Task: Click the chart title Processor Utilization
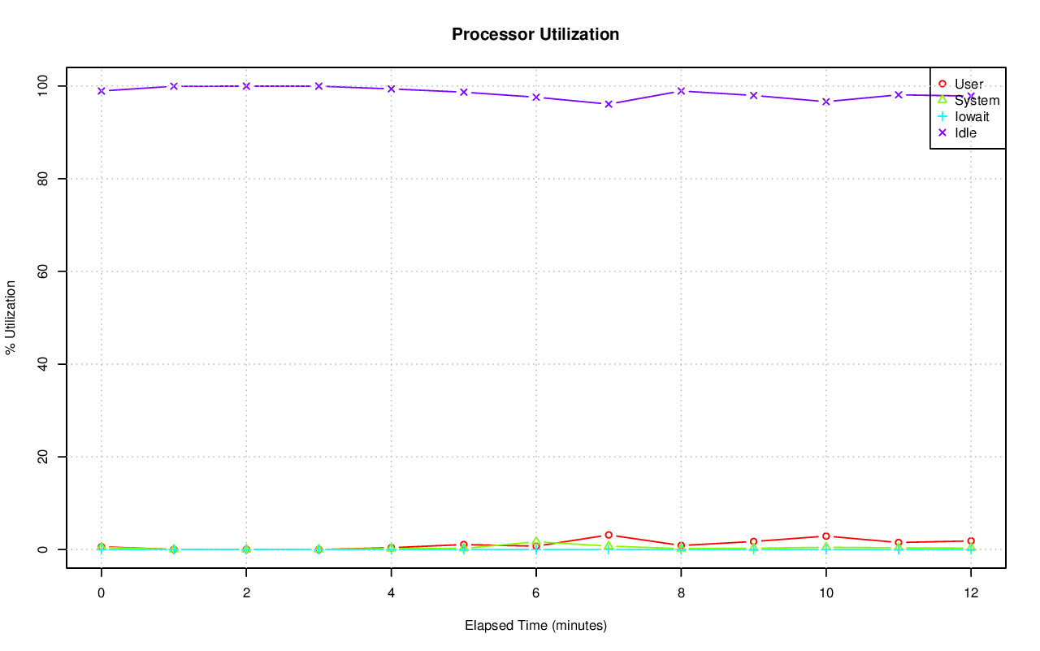[x=535, y=35]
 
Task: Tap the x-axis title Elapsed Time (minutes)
[x=535, y=626]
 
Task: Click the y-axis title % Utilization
[x=11, y=318]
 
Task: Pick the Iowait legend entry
[x=972, y=117]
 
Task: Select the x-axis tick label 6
[x=535, y=593]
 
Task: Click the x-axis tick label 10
[x=825, y=593]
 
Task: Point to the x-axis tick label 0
[x=101, y=593]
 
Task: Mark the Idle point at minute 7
[x=608, y=104]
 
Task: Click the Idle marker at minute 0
[x=101, y=91]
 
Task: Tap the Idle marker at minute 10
[x=825, y=102]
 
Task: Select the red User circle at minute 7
[x=608, y=535]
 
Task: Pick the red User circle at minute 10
[x=825, y=536]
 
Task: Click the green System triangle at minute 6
[x=535, y=541]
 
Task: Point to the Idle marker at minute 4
[x=391, y=89]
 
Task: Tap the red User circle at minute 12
[x=970, y=541]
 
